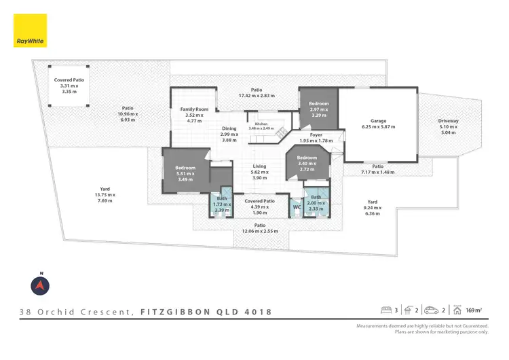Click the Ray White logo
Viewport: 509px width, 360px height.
click(30, 31)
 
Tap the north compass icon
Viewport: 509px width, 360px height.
click(41, 285)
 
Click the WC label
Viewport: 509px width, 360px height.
click(297, 206)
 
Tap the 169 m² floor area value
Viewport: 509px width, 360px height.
click(474, 311)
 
